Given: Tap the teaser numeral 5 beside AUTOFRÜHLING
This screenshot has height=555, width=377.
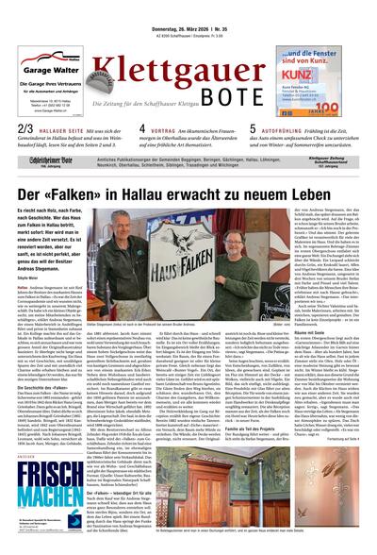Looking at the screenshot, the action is [x=253, y=127].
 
